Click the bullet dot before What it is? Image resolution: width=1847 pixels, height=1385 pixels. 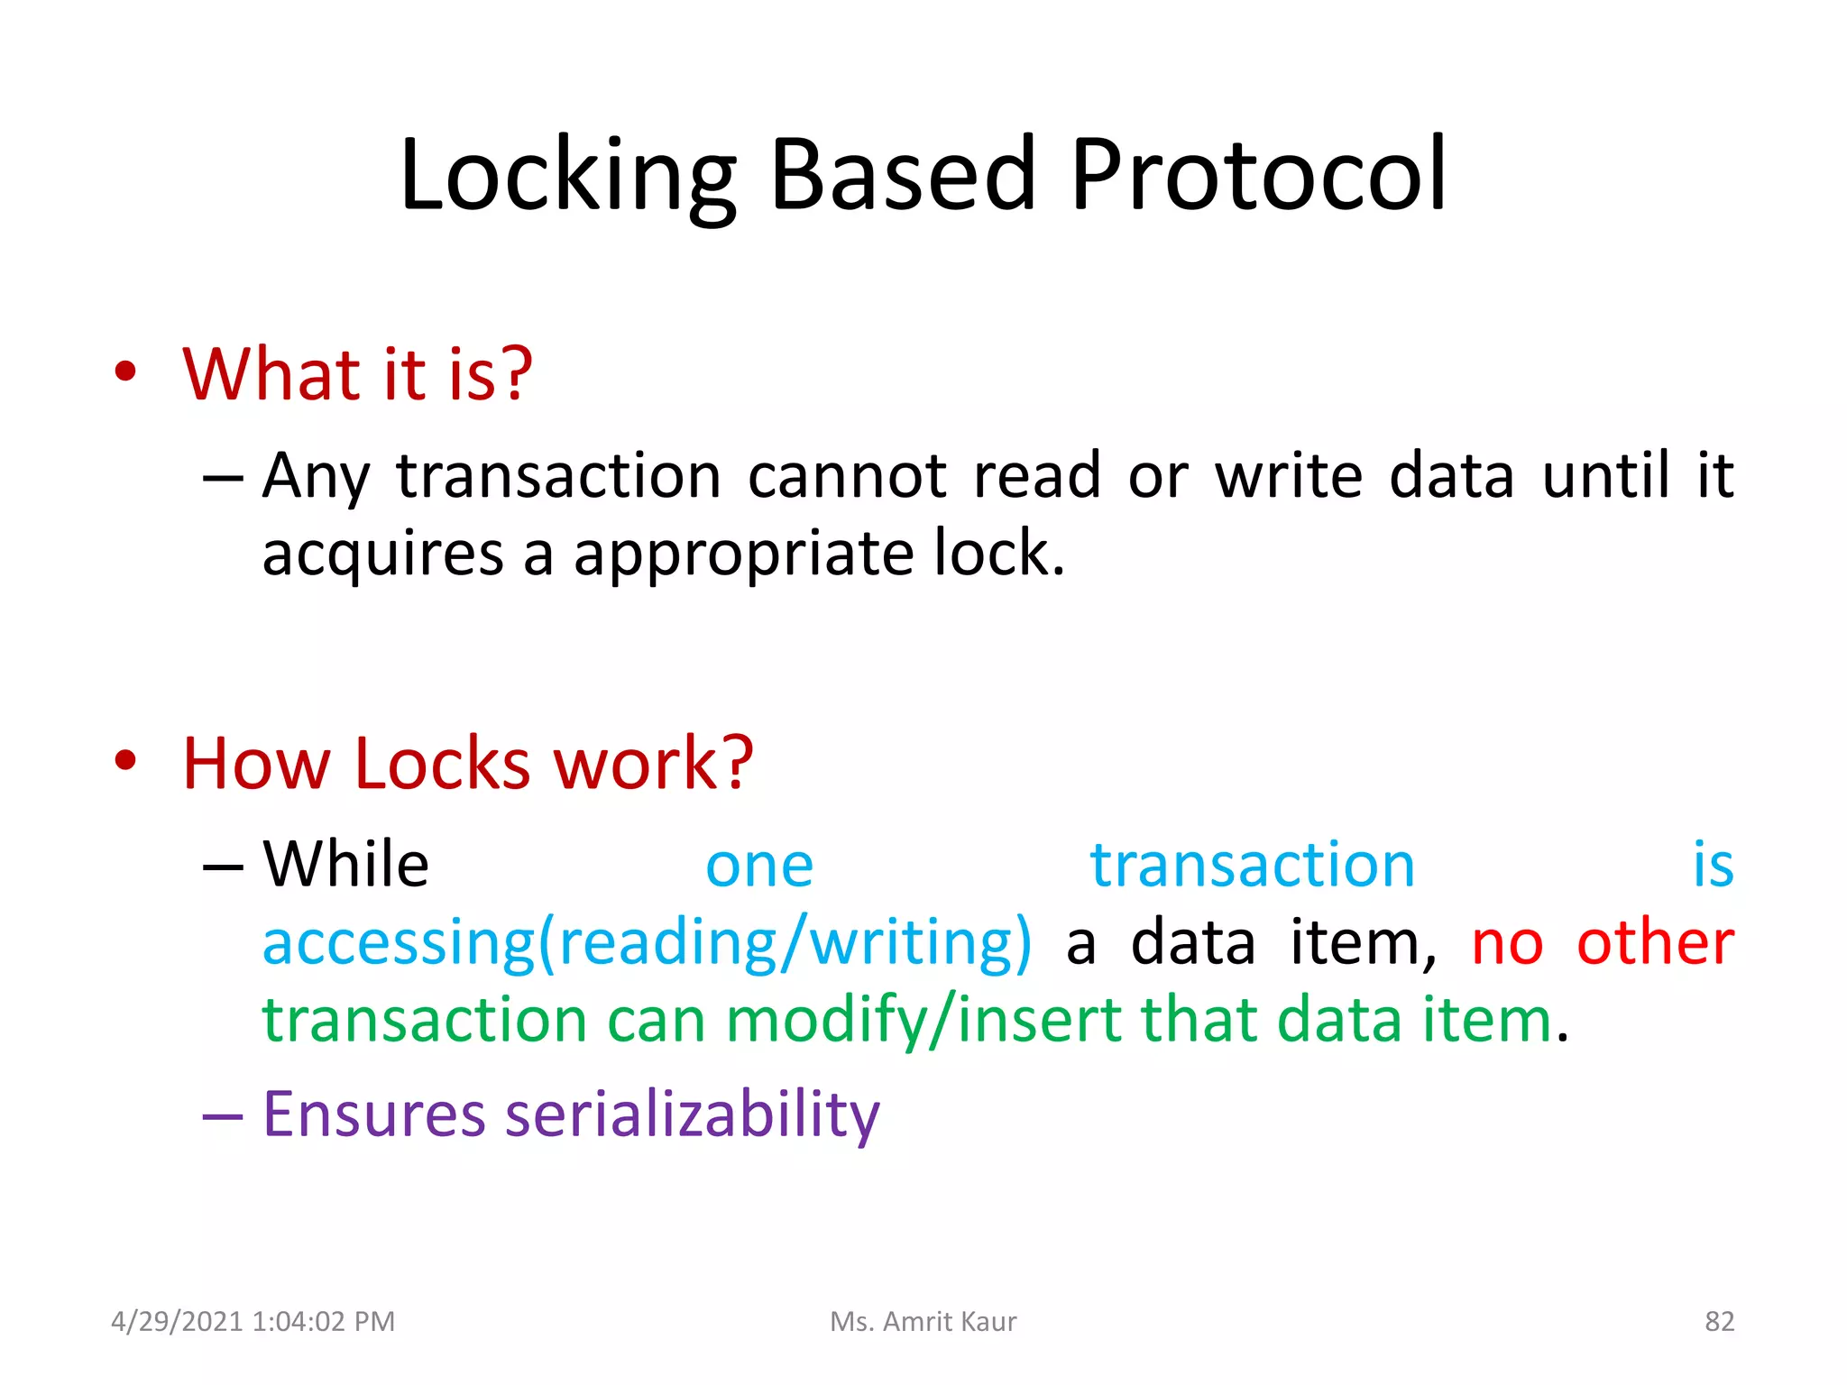click(125, 372)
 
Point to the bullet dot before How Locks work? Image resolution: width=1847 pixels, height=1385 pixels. click(125, 761)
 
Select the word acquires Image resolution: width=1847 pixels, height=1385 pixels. click(382, 554)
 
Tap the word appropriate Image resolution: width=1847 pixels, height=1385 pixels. click(743, 554)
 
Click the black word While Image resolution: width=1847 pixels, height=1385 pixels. click(345, 865)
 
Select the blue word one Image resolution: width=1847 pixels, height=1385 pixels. click(759, 867)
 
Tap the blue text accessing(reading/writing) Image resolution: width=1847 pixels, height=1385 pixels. click(647, 943)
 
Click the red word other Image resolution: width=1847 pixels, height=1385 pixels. click(1655, 943)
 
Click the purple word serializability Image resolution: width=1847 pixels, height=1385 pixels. click(692, 1114)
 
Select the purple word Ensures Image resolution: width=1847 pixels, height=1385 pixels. click(373, 1114)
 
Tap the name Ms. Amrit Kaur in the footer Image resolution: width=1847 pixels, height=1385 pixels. click(923, 1322)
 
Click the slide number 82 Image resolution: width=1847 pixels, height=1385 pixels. click(1719, 1322)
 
